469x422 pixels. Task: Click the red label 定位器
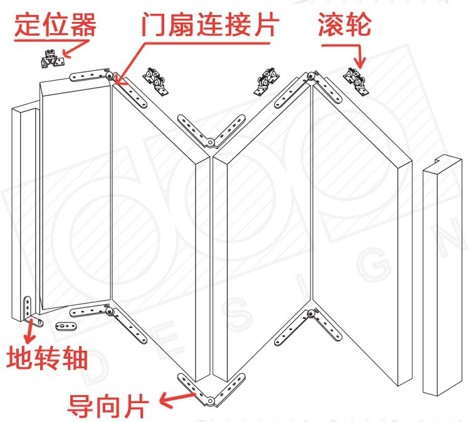55,24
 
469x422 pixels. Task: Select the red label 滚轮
345,24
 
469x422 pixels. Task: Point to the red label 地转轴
47,359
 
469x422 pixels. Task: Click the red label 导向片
107,404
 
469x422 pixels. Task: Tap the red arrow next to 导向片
176,396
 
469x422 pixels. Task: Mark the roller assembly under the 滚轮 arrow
357,81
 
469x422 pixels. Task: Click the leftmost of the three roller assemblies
156,80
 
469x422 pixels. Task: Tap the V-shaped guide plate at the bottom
210,389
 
